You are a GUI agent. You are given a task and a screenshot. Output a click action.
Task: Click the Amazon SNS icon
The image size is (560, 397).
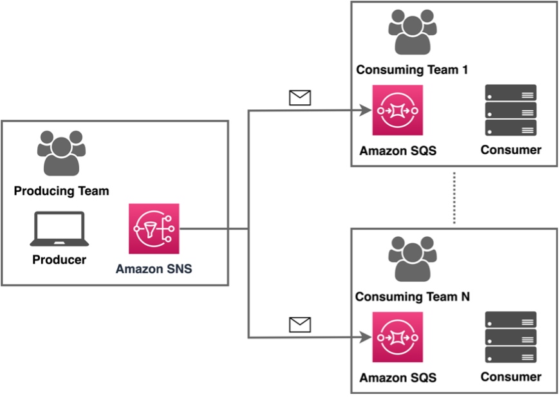154,228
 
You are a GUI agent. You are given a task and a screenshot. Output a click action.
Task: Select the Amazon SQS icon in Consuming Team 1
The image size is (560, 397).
398,110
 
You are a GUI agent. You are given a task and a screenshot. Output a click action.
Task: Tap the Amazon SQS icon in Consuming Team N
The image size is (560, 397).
398,337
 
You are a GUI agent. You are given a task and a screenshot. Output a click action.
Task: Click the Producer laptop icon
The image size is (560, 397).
59,229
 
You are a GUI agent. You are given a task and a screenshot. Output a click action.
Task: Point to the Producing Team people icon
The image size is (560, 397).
61,153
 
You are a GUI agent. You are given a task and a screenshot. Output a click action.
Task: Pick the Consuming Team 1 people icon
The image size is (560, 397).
413,32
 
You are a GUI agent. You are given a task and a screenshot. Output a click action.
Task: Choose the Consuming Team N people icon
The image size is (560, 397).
413,259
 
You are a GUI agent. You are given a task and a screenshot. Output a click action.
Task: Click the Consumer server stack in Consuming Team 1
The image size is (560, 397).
510,110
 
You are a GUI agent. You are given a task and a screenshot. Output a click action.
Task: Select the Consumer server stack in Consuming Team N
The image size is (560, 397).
510,337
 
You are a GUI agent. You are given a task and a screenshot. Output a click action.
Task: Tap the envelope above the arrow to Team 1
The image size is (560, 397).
300,98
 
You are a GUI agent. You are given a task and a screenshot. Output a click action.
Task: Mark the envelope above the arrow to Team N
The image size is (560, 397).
300,324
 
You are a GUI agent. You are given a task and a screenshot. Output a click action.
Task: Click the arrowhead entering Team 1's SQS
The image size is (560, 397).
366,110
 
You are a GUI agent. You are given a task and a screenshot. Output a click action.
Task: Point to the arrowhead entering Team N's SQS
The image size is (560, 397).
366,337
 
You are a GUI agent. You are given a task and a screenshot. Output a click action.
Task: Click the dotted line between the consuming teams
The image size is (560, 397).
454,198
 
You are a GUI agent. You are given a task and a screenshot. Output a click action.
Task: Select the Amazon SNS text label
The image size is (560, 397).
154,268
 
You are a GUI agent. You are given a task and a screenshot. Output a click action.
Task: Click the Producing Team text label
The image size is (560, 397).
61,191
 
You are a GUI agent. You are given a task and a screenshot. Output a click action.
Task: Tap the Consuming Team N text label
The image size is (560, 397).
413,297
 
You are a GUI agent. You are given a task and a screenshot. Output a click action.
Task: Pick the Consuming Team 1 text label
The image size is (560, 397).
412,69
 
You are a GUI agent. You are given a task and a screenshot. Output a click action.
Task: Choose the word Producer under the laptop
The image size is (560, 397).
59,259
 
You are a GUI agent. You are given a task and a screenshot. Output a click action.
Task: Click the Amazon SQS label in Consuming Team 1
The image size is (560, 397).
398,151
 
